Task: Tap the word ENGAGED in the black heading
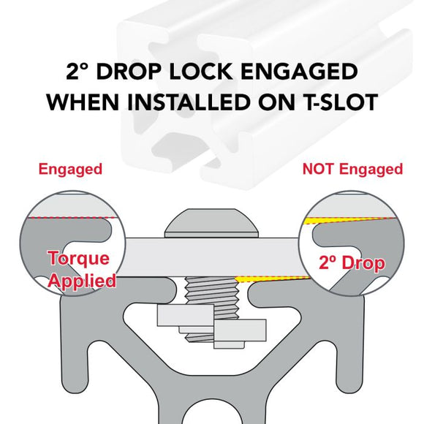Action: (299, 72)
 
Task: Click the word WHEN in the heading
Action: (83, 102)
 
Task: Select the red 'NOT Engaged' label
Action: (352, 170)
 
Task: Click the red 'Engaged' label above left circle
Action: (70, 170)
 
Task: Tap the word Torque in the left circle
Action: (79, 259)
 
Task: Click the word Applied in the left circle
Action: (82, 281)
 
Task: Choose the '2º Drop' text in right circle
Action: (352, 263)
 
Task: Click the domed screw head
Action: (211, 223)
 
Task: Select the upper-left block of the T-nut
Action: (186, 315)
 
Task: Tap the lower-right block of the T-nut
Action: (240, 330)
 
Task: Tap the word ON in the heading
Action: (276, 102)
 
